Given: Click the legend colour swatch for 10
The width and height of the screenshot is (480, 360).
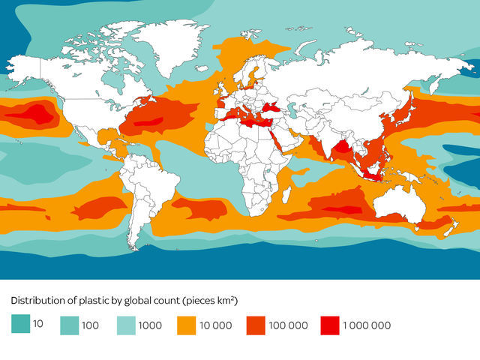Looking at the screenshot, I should click(x=19, y=325).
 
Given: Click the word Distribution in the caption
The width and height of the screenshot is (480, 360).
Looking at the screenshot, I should click(x=38, y=301).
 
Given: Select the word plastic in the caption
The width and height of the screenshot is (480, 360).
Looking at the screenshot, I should click(x=95, y=301).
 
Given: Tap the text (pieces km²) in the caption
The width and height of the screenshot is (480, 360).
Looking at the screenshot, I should click(x=211, y=301).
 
